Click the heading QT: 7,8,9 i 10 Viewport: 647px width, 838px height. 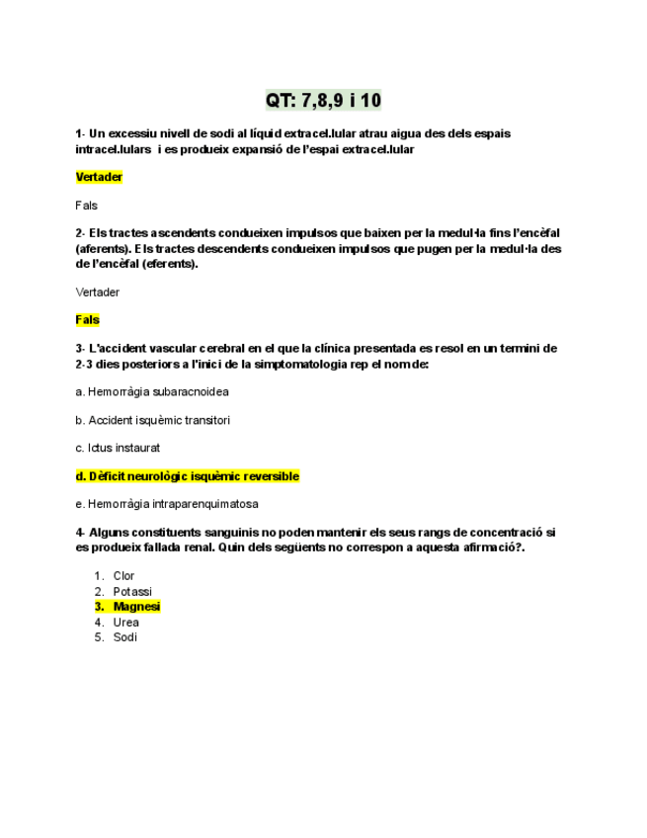pyautogui.click(x=323, y=100)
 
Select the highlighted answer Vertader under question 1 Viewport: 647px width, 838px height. pyautogui.click(x=99, y=178)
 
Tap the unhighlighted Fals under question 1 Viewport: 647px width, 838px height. pyautogui.click(x=87, y=206)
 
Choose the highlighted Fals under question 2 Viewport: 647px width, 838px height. pyautogui.click(x=88, y=320)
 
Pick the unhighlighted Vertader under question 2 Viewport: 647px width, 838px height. pyautogui.click(x=98, y=293)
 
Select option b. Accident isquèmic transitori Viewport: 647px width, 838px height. pyautogui.click(x=152, y=420)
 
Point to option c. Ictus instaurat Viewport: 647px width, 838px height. pyautogui.click(x=118, y=448)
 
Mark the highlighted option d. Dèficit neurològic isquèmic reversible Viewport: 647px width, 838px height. pyautogui.click(x=187, y=476)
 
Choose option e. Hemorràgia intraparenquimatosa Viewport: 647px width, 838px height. pyautogui.click(x=167, y=504)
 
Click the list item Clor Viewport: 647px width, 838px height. pyautogui.click(x=124, y=575)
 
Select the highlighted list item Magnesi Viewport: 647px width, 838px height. pyautogui.click(x=136, y=607)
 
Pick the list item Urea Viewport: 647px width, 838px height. pyautogui.click(x=126, y=623)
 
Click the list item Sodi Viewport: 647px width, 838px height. pyautogui.click(x=125, y=637)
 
